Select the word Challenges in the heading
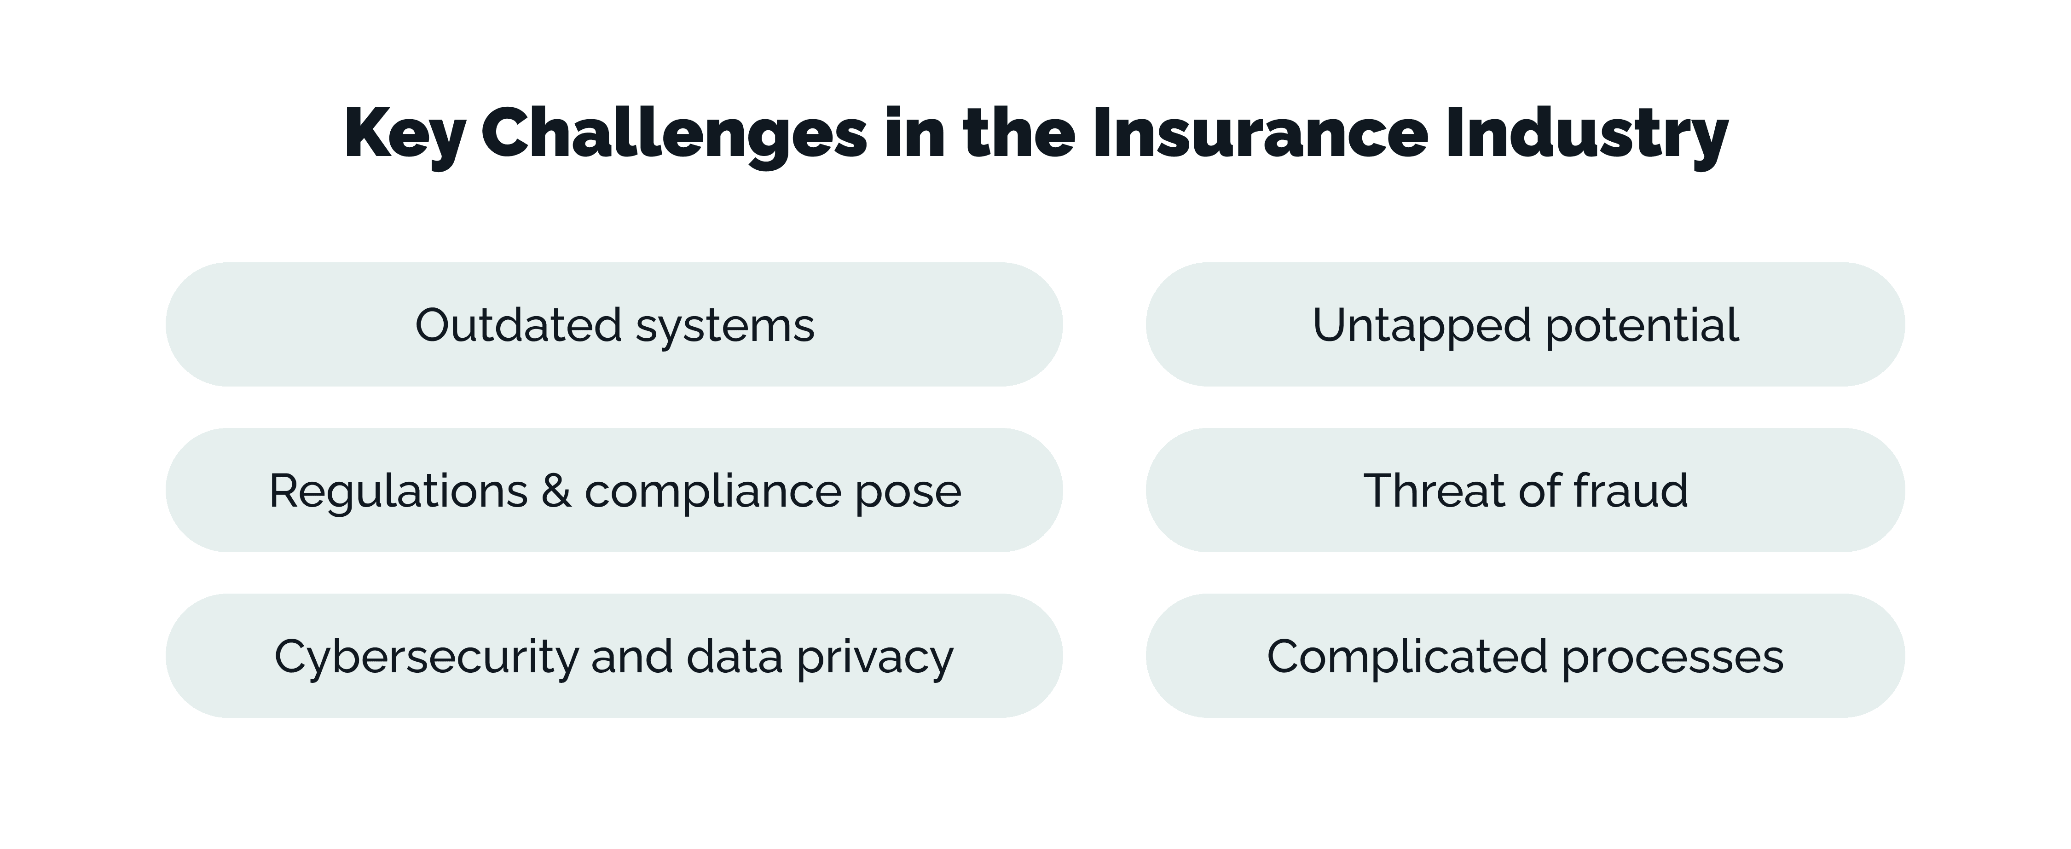[x=674, y=133]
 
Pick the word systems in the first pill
[x=725, y=326]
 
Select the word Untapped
[x=1422, y=326]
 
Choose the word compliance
[x=712, y=492]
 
